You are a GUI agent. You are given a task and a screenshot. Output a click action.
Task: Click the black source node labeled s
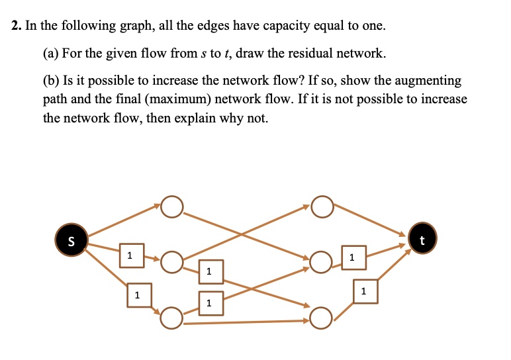[x=71, y=240]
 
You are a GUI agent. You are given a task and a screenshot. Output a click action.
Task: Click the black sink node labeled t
[x=422, y=238]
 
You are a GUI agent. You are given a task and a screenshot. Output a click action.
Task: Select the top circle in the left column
[x=171, y=206]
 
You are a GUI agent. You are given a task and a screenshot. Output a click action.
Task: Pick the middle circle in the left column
[x=171, y=261]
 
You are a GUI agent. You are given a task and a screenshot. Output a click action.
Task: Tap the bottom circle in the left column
[x=171, y=318]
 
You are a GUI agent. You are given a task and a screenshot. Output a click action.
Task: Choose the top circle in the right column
[x=322, y=206]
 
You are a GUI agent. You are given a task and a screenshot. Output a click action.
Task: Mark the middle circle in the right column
[x=321, y=261]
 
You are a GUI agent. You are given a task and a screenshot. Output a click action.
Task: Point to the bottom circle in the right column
[x=321, y=318]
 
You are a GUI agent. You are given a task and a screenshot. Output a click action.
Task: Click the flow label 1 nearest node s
[x=132, y=255]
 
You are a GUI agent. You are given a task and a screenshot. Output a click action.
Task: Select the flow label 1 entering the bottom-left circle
[x=139, y=295]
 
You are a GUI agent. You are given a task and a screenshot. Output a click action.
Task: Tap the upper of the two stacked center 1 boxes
[x=211, y=272]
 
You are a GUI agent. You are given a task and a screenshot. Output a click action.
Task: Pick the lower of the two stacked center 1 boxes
[x=211, y=304]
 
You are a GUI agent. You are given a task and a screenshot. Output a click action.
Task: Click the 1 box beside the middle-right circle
[x=354, y=257]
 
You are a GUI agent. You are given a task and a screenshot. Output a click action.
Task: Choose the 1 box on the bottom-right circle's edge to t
[x=365, y=291]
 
